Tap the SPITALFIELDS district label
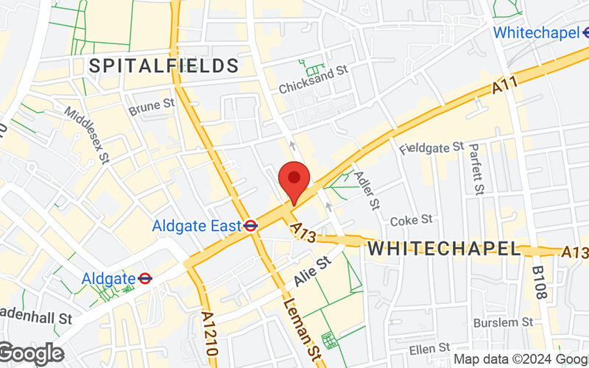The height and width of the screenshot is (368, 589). click(164, 66)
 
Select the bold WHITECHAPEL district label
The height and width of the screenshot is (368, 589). click(444, 248)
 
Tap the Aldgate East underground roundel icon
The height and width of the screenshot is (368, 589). click(251, 226)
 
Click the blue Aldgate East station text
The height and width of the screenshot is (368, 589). click(197, 226)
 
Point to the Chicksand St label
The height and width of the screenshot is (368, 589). click(312, 79)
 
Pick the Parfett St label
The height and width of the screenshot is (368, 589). click(476, 169)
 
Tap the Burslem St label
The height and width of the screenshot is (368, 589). click(503, 322)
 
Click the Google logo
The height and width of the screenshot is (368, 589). click(31, 353)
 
